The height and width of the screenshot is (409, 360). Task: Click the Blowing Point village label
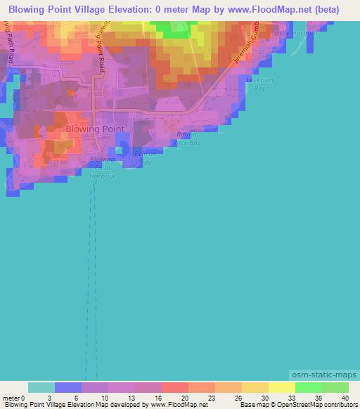click(x=95, y=129)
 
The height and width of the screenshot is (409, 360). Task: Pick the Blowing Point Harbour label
click(x=102, y=168)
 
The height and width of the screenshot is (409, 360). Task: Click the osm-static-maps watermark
click(x=320, y=376)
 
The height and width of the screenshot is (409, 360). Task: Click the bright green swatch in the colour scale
click(x=308, y=387)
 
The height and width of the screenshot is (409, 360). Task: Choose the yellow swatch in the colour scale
click(x=281, y=387)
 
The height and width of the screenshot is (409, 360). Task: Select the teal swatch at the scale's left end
click(x=41, y=387)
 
